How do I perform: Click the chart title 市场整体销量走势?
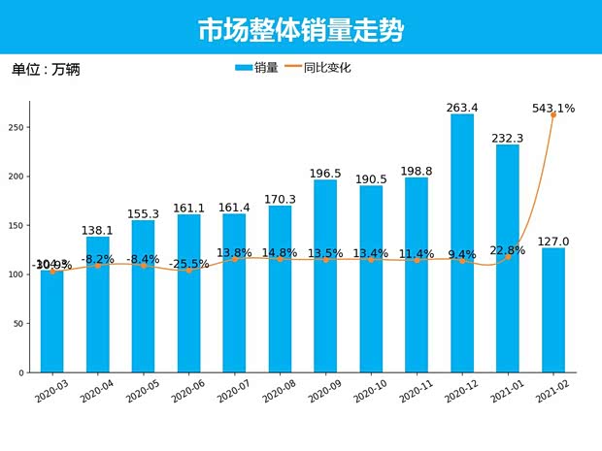click(300, 30)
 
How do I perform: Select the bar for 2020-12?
click(461, 242)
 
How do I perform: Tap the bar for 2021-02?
click(553, 310)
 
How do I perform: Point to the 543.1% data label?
click(552, 109)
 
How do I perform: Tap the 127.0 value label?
click(553, 242)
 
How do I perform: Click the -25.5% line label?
click(187, 264)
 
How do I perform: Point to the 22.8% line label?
click(507, 250)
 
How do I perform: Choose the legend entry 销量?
click(256, 68)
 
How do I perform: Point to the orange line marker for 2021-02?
click(553, 114)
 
